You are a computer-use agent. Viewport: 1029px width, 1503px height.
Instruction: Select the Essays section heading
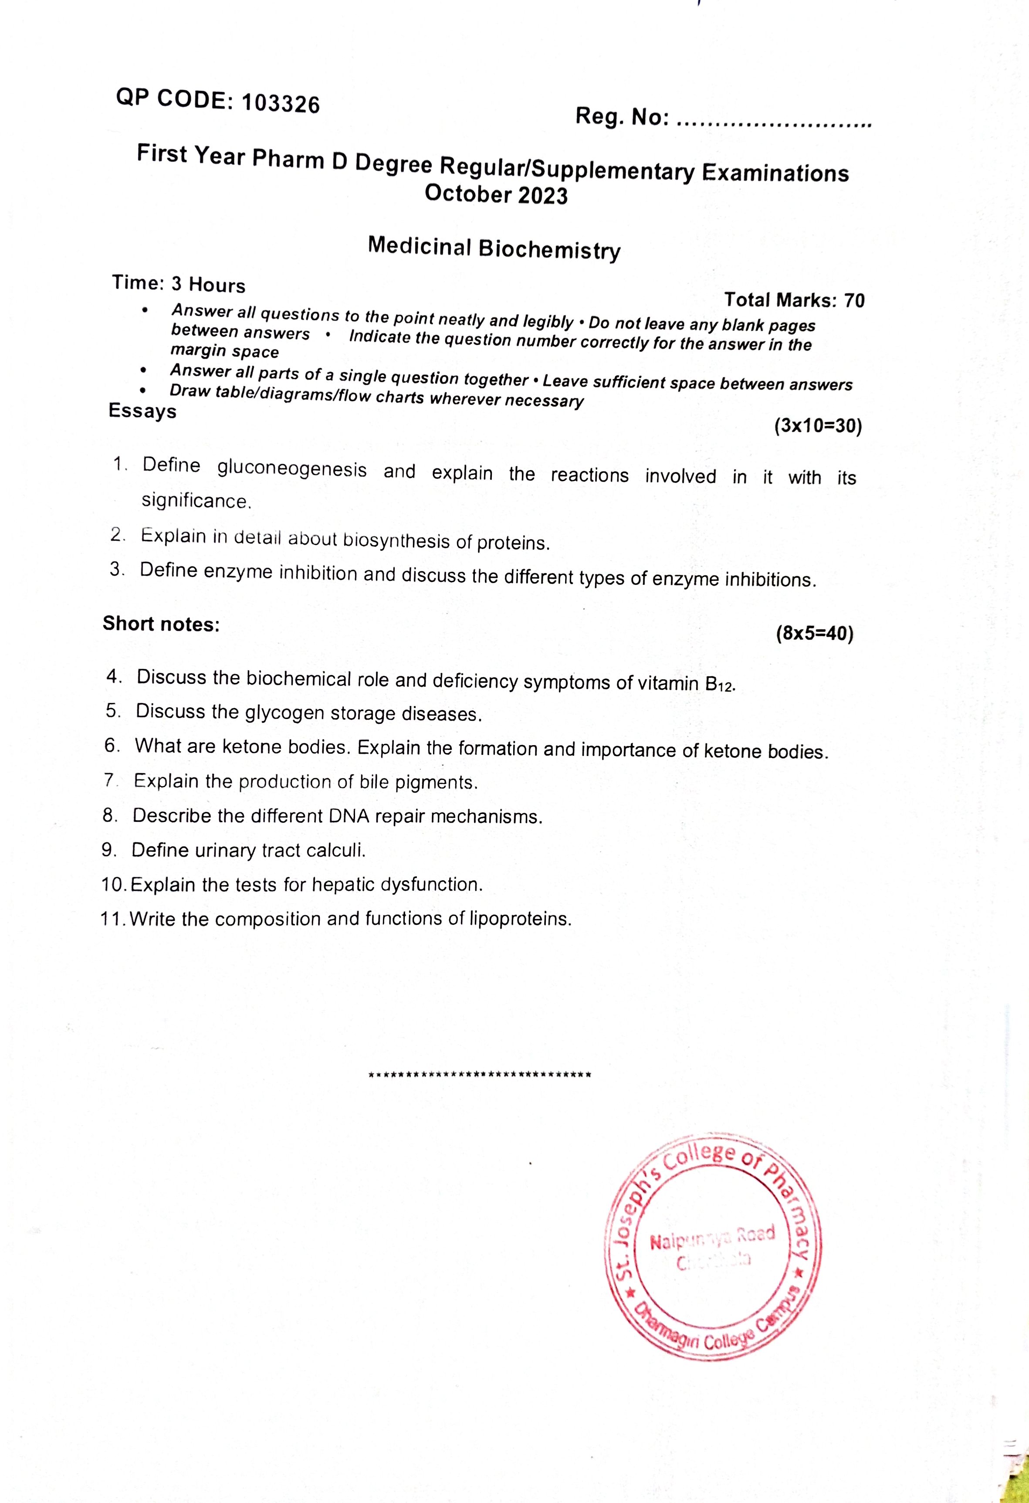(x=142, y=411)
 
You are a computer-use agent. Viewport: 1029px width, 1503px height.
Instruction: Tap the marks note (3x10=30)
(x=818, y=426)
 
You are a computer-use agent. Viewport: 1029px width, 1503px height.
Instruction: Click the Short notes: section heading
(x=161, y=624)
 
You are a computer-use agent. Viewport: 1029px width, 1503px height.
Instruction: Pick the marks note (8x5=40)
(x=814, y=633)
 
